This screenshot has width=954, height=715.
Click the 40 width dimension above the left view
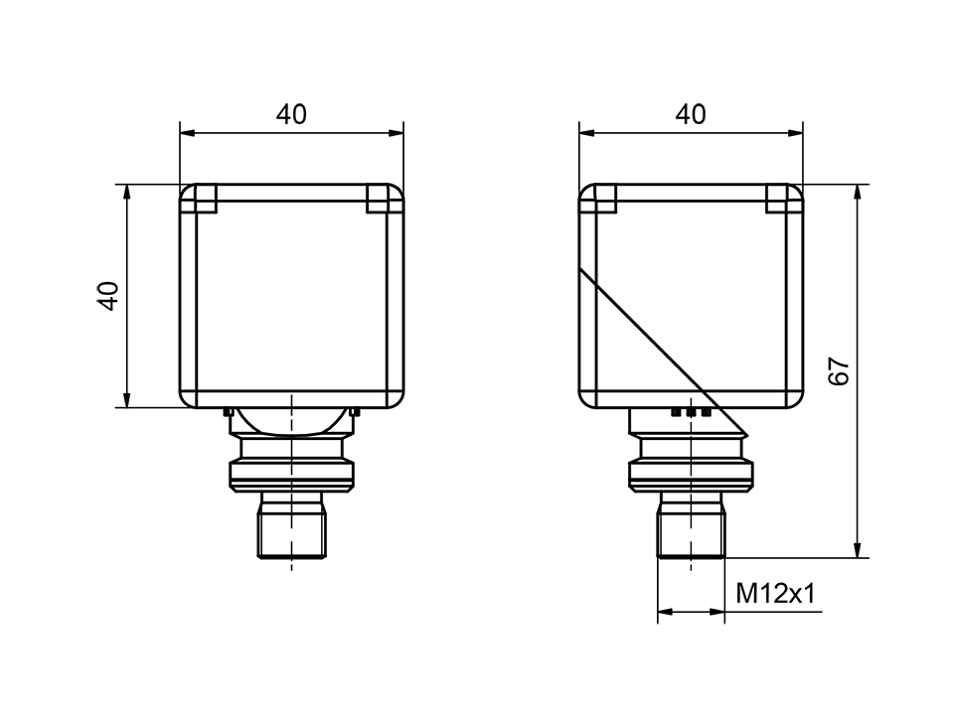coord(291,114)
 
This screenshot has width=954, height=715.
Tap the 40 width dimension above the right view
coord(691,114)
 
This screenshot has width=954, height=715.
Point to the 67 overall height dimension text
coord(840,370)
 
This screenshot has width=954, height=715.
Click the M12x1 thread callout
coord(775,594)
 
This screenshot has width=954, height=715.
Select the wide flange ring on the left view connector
coord(291,474)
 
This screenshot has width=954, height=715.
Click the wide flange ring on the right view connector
coord(691,474)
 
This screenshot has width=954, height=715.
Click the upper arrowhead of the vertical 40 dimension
coord(127,193)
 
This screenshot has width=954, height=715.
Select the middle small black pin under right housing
coord(691,411)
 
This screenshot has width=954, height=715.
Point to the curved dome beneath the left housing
coord(291,421)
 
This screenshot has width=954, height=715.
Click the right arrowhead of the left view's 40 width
coord(397,131)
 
